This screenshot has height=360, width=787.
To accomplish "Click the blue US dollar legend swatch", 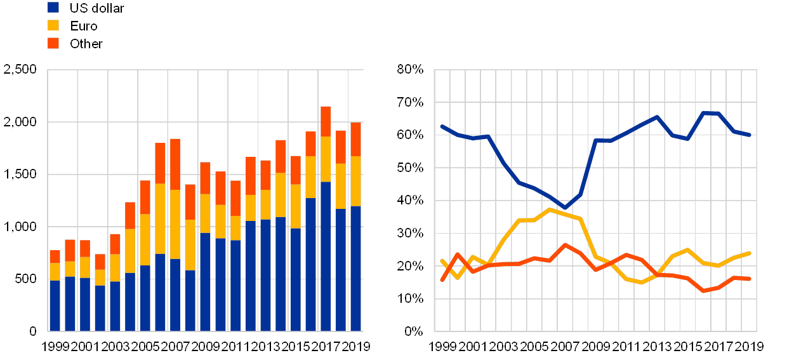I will coord(53,8).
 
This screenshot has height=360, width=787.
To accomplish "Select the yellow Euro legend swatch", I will coord(53,25).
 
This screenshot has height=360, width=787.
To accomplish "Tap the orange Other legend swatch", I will coord(53,43).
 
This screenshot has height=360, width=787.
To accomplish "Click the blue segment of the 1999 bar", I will coord(55,305).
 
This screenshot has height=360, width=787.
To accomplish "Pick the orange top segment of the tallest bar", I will coord(326,121).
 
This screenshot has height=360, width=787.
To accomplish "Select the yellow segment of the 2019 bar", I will coord(355,181).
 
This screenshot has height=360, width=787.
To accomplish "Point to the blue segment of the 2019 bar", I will coord(355,269).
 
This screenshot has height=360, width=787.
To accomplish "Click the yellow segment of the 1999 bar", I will coord(55,272).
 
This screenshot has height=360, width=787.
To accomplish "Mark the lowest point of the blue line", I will coord(564,208).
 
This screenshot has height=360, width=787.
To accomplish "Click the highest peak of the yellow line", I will coord(550,209).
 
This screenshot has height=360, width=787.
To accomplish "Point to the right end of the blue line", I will coord(750,135).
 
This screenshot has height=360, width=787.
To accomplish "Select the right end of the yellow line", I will coord(750,253).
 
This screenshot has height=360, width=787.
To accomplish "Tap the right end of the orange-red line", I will coord(750,279).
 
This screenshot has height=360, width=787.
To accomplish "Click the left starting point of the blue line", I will coord(442,126).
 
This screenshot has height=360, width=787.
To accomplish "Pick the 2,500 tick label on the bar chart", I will coord(20,69).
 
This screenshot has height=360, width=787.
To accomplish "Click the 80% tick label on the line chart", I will coord(411,69).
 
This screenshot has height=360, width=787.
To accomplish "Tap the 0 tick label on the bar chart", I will coord(33,331).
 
